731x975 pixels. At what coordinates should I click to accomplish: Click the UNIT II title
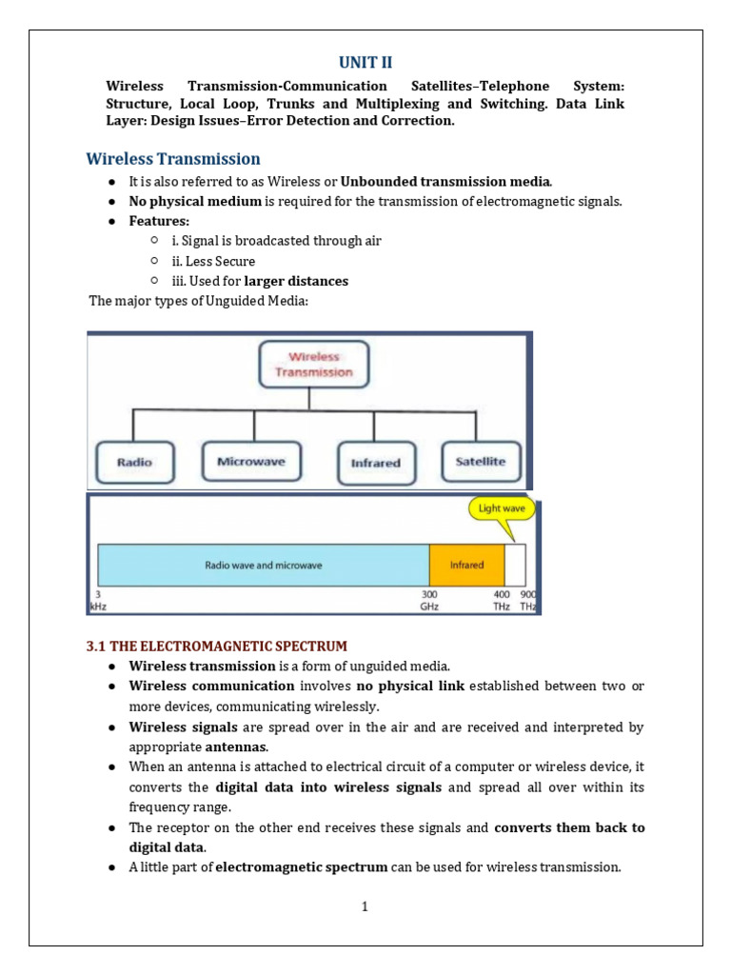point(365,62)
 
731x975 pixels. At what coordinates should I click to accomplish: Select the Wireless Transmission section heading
point(173,158)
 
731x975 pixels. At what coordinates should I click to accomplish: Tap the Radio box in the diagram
point(134,463)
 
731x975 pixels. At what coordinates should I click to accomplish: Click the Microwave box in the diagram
point(250,462)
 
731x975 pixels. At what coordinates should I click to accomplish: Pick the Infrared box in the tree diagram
point(376,463)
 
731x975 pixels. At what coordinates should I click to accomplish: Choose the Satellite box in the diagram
point(481,462)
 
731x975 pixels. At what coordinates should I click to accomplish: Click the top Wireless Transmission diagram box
point(313,365)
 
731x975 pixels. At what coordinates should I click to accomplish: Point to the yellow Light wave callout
point(502,508)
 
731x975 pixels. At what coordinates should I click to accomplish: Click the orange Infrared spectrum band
point(466,565)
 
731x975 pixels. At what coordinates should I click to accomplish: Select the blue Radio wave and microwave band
point(264,565)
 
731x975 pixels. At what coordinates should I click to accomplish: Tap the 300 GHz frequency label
point(429,600)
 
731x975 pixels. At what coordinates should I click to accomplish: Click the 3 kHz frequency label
point(97,600)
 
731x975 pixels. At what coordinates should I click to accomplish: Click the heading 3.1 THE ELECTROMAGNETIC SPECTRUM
point(217,647)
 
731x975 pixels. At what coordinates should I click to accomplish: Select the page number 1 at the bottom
point(365,907)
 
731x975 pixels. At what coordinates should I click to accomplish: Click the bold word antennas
point(235,747)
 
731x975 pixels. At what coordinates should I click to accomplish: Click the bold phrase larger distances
point(296,281)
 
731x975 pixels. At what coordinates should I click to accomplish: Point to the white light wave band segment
point(515,565)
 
